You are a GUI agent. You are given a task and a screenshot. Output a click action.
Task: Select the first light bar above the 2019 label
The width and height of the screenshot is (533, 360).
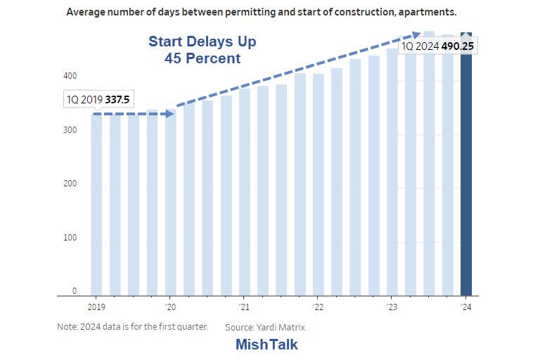[96, 204]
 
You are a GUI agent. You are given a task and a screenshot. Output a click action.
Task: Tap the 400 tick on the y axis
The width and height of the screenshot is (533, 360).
[71, 76]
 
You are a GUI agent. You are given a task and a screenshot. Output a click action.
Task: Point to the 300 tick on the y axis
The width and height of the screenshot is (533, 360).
[71, 130]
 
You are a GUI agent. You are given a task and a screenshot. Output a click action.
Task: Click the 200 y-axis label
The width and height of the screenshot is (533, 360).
[71, 184]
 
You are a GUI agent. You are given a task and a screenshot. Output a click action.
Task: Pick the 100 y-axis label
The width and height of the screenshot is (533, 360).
[71, 238]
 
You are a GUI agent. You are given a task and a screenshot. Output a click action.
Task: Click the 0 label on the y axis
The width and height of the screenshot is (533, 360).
[75, 291]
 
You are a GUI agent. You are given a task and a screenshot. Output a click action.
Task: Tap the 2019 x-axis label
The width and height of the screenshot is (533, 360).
[96, 307]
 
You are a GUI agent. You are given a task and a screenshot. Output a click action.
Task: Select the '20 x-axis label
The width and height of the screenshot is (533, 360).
[170, 307]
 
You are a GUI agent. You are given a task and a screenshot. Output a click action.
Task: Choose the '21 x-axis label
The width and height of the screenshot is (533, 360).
[244, 307]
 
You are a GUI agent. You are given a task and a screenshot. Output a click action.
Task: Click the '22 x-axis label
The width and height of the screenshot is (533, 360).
[318, 307]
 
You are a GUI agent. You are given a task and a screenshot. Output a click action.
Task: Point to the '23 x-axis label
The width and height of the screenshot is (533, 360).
[392, 307]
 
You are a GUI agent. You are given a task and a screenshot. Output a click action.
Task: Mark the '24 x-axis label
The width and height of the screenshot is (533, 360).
[465, 307]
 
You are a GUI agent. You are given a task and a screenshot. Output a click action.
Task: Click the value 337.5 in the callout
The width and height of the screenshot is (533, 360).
[117, 100]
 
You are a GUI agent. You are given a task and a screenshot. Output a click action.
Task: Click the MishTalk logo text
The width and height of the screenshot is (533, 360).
[266, 345]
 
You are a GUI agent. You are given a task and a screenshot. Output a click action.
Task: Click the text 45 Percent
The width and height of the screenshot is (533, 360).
[203, 59]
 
